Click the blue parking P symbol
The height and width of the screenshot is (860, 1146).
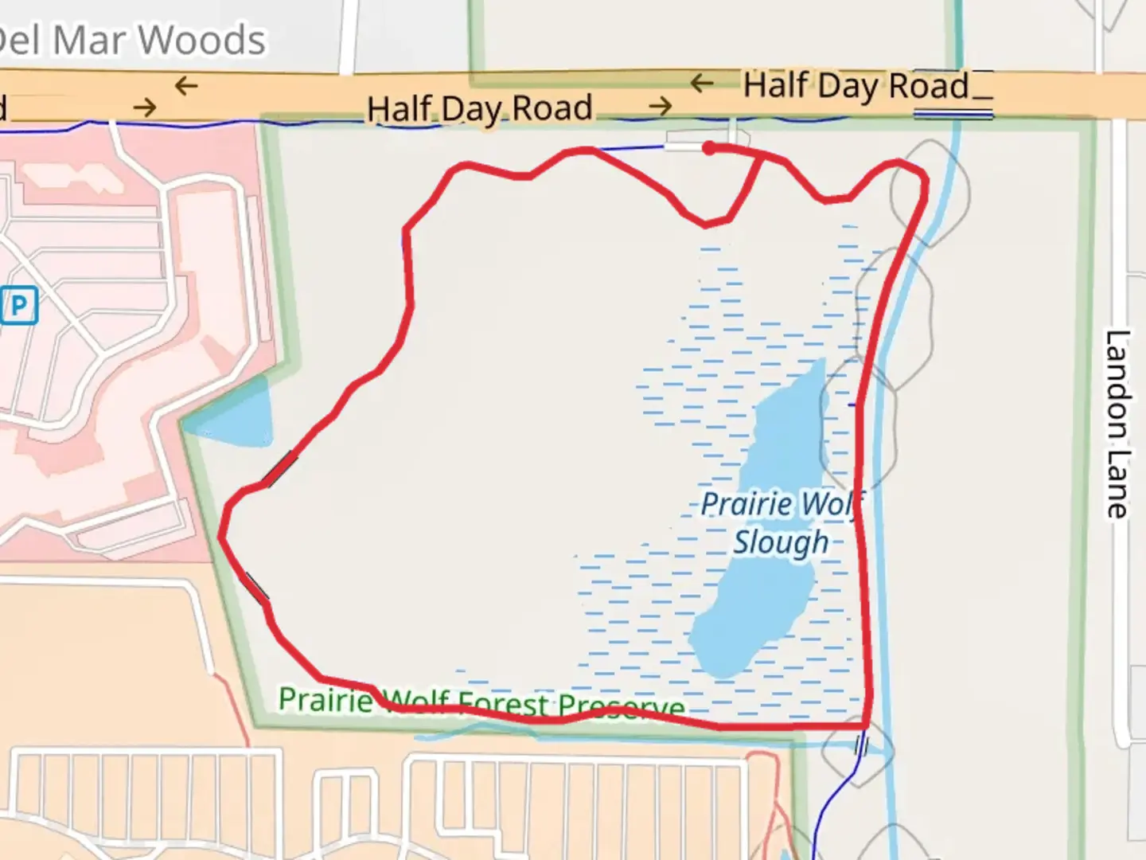pyautogui.click(x=19, y=305)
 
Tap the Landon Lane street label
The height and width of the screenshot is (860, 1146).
pyautogui.click(x=1117, y=424)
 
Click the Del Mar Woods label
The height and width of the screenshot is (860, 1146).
pyautogui.click(x=131, y=40)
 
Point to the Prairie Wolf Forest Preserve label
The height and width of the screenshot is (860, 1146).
pyautogui.click(x=481, y=703)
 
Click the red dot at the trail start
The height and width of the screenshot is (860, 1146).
pyautogui.click(x=708, y=147)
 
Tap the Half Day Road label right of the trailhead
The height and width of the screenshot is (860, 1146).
pyautogui.click(x=856, y=86)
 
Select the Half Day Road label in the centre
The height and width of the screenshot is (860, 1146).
pyautogui.click(x=480, y=108)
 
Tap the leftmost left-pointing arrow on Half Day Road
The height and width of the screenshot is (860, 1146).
pyautogui.click(x=186, y=85)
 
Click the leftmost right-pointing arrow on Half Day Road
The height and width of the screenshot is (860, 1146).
pyautogui.click(x=145, y=107)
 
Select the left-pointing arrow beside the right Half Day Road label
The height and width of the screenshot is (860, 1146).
pyautogui.click(x=702, y=83)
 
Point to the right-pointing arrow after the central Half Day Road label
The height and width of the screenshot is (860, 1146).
pyautogui.click(x=661, y=106)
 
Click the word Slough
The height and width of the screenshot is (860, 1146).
pyautogui.click(x=782, y=542)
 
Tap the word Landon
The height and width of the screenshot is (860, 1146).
pyautogui.click(x=1117, y=383)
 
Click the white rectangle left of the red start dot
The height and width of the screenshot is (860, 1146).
pyautogui.click(x=684, y=147)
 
